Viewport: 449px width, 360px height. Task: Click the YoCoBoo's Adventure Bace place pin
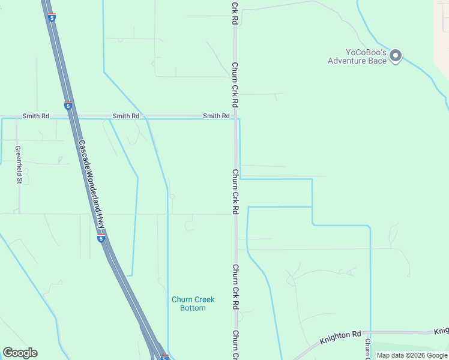point(396,56)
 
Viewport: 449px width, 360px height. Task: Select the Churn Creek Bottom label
point(193,304)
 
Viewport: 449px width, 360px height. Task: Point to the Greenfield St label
point(19,164)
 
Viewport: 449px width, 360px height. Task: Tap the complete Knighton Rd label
point(340,338)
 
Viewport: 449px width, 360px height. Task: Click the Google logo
point(20,353)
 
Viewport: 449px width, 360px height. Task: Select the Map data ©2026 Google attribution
point(412,355)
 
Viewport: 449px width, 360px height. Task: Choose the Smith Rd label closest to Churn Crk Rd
point(216,116)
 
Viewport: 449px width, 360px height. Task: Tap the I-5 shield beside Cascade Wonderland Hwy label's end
point(101,238)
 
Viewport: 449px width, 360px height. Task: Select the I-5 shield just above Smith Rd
point(68,106)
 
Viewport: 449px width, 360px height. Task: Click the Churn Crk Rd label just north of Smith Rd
point(235,85)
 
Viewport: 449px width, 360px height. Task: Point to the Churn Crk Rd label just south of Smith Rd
point(235,192)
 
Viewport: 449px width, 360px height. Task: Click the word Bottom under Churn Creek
point(193,308)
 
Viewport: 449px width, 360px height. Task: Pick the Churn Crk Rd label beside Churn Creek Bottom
point(235,287)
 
